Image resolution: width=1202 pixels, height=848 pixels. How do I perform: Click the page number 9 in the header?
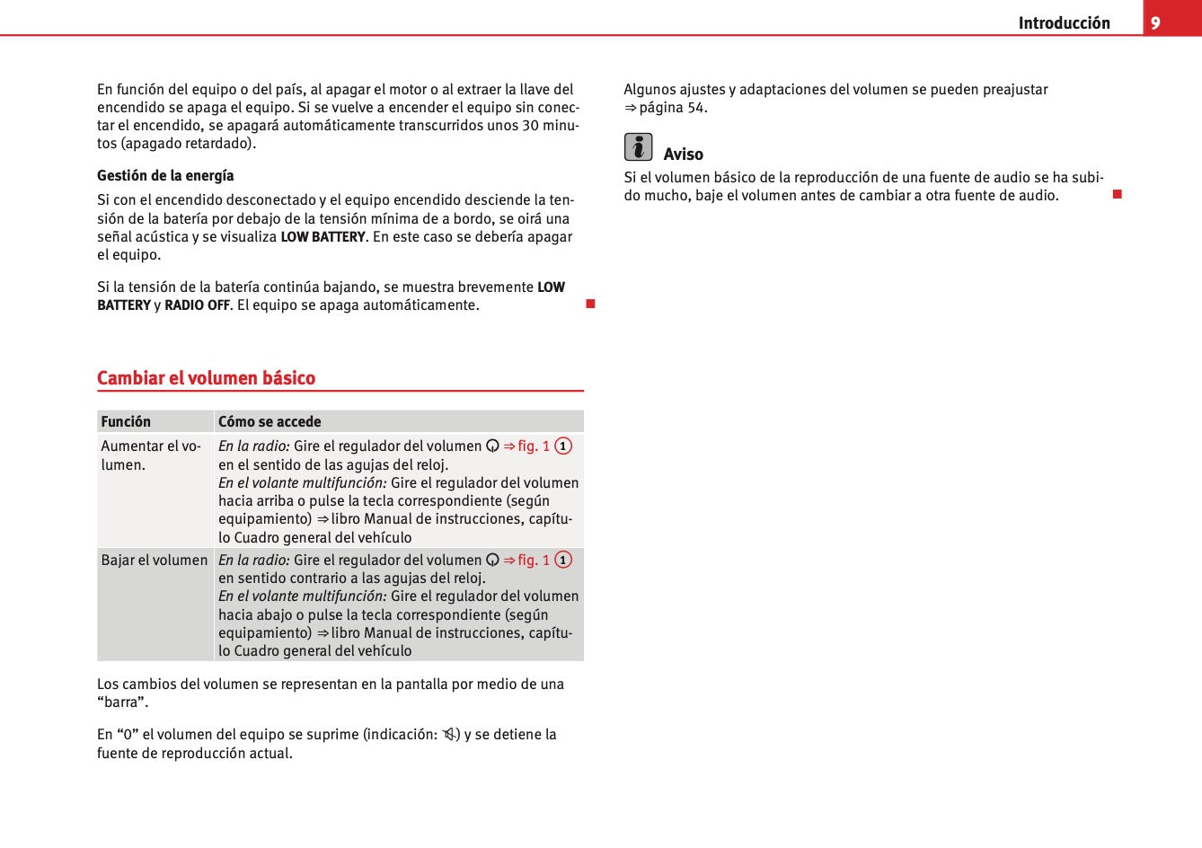click(x=1155, y=23)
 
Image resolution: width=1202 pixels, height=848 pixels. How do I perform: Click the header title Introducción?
click(x=1064, y=23)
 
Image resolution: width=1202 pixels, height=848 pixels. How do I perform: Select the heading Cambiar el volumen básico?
click(x=206, y=378)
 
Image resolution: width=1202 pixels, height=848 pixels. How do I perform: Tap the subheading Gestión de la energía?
click(x=165, y=175)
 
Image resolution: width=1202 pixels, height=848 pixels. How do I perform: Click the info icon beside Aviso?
click(x=638, y=146)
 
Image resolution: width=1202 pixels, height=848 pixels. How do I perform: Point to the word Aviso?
click(x=683, y=155)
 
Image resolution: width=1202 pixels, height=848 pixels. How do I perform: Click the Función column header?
click(x=126, y=421)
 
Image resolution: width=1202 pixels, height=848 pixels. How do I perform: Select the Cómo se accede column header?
click(x=270, y=421)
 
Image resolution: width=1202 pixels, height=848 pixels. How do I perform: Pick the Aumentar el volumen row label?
click(x=151, y=455)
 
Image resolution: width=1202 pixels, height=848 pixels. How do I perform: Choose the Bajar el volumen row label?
click(x=155, y=560)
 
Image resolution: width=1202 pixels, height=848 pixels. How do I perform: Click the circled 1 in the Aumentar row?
click(x=563, y=446)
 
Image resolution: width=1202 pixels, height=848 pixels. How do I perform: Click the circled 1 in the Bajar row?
click(x=563, y=560)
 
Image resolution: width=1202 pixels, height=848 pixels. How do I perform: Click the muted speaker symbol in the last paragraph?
click(x=449, y=735)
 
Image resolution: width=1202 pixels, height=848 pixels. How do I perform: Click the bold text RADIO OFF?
click(x=197, y=305)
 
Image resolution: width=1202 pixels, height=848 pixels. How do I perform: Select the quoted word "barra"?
click(x=122, y=702)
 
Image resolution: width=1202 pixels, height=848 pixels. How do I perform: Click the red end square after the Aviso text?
click(x=1118, y=194)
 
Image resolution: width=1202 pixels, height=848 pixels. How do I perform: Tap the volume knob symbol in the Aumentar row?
click(x=492, y=446)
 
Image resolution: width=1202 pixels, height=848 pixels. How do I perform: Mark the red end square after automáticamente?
click(x=590, y=304)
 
